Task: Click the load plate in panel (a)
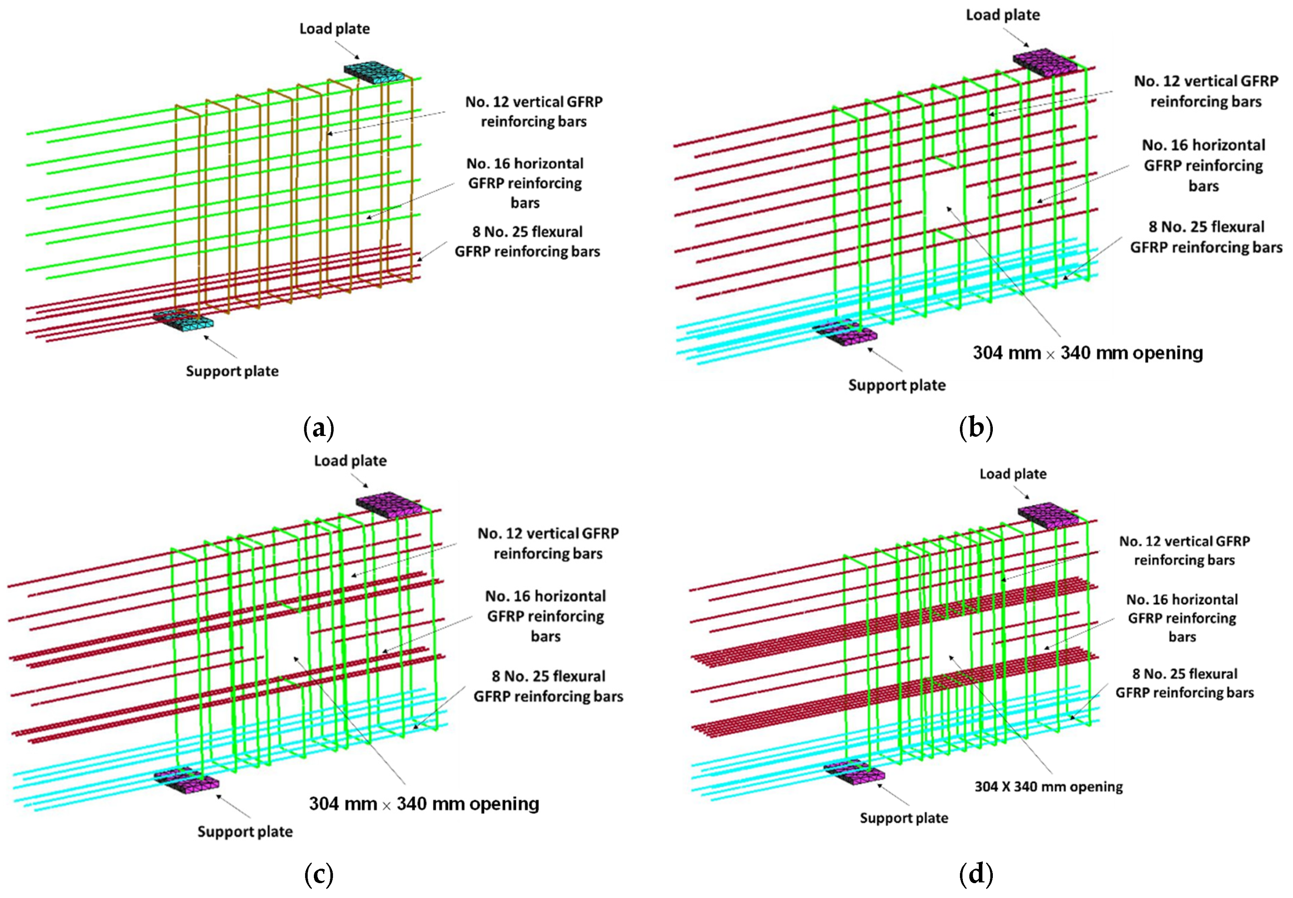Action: (x=374, y=73)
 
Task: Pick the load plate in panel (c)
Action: (x=388, y=503)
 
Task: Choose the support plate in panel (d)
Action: (x=854, y=774)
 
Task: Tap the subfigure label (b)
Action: (x=976, y=429)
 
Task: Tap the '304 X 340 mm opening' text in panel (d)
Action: (x=1048, y=786)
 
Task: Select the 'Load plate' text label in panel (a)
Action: (x=335, y=29)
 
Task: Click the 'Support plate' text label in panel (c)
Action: (x=245, y=832)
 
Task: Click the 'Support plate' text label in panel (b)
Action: (x=897, y=385)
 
